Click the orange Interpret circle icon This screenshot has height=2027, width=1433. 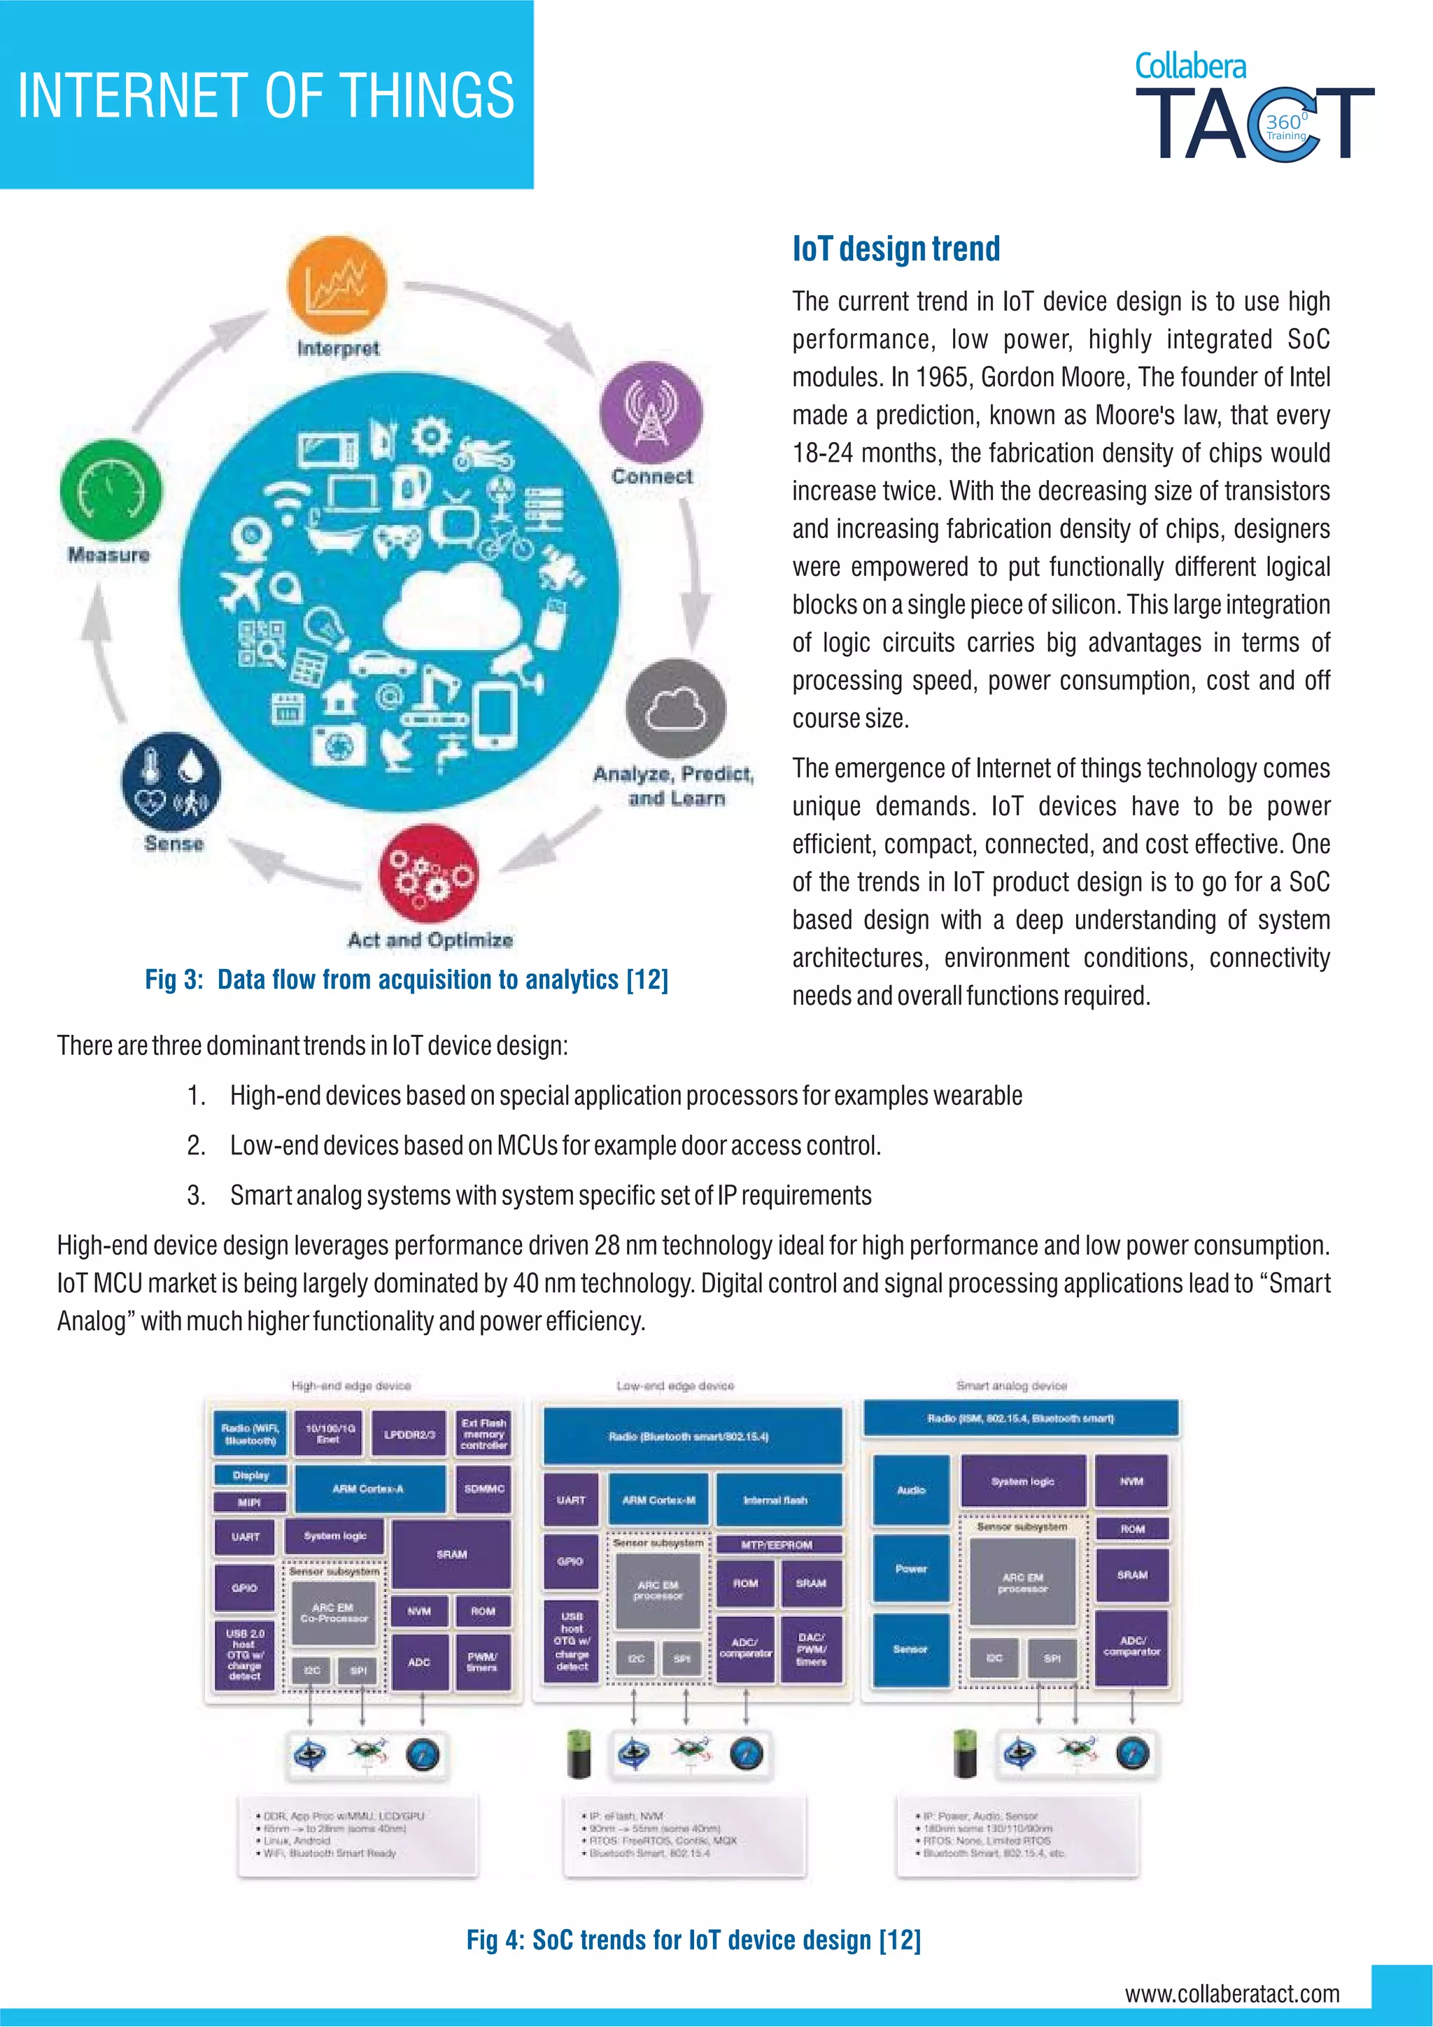tap(337, 287)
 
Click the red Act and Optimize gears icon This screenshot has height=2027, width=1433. tap(429, 874)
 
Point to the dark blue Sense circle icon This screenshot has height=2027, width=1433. tap(171, 782)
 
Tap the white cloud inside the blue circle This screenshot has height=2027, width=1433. tap(451, 609)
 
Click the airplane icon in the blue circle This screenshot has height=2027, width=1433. tap(241, 589)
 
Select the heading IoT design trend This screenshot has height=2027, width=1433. tap(896, 249)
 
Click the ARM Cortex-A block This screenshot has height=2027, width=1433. tap(368, 1488)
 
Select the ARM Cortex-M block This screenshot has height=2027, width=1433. tap(658, 1500)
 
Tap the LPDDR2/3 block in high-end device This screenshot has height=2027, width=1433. tap(409, 1434)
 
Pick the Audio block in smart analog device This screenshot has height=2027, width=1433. tap(911, 1490)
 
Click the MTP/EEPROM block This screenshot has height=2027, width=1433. tap(777, 1544)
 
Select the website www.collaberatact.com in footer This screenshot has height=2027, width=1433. tap(1231, 1993)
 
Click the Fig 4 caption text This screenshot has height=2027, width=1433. tap(693, 1940)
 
